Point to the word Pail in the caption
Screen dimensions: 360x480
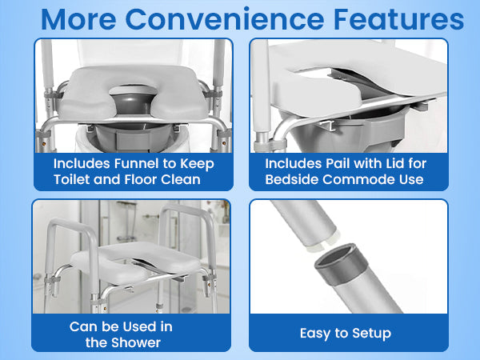point(330,163)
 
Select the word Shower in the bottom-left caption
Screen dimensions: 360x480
point(131,342)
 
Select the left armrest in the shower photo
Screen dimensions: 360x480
point(60,240)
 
